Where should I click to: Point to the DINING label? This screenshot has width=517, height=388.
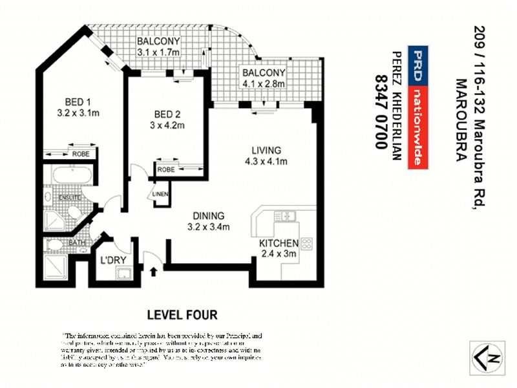pos(208,215)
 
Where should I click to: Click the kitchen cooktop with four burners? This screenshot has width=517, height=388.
pos(307,244)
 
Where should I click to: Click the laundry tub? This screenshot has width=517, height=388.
pos(124,274)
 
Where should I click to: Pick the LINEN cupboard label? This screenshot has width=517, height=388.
pos(160,194)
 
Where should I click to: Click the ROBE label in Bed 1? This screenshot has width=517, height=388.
pos(80,154)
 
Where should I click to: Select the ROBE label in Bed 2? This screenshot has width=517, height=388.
pos(165,169)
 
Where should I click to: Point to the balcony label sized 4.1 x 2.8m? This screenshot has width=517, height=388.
pos(263,78)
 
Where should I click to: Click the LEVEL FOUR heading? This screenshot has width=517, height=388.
pos(182,315)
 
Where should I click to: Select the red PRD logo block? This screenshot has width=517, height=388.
pos(417,67)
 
